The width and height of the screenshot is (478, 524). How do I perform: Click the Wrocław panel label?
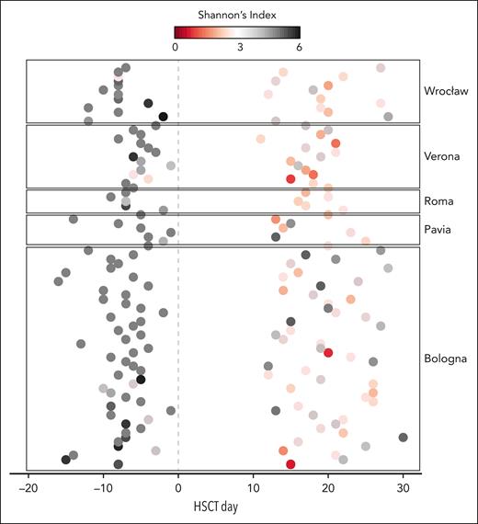(446, 92)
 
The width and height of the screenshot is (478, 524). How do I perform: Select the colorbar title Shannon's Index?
(239, 15)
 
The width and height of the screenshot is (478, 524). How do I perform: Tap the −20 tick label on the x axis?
(28, 487)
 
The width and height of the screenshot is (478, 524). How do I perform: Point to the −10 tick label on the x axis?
(103, 487)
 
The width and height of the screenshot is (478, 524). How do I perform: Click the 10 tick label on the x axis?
(253, 487)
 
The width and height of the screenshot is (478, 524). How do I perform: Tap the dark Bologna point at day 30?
(403, 438)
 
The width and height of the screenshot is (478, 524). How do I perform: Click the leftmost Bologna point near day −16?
(58, 281)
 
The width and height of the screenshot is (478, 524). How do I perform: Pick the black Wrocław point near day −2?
(163, 117)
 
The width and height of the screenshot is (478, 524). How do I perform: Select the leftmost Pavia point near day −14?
(74, 219)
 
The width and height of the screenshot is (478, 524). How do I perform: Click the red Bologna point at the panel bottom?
(290, 464)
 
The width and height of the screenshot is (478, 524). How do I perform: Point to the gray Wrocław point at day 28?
(388, 117)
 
